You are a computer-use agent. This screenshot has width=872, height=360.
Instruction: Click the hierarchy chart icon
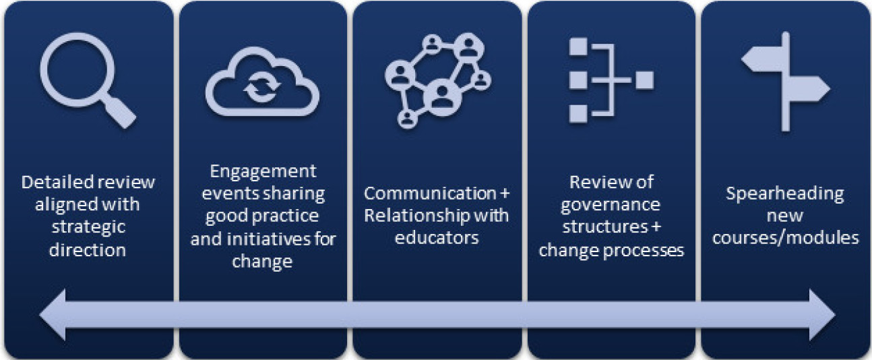(x=610, y=80)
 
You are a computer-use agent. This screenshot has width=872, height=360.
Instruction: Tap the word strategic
(x=88, y=227)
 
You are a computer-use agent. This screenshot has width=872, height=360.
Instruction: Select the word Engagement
(x=262, y=171)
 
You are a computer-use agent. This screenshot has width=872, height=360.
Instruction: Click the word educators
(x=437, y=238)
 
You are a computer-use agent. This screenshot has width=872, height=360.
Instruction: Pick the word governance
(x=612, y=205)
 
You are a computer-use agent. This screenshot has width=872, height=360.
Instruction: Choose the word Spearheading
(x=785, y=193)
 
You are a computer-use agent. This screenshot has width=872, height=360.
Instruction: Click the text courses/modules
(x=785, y=238)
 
